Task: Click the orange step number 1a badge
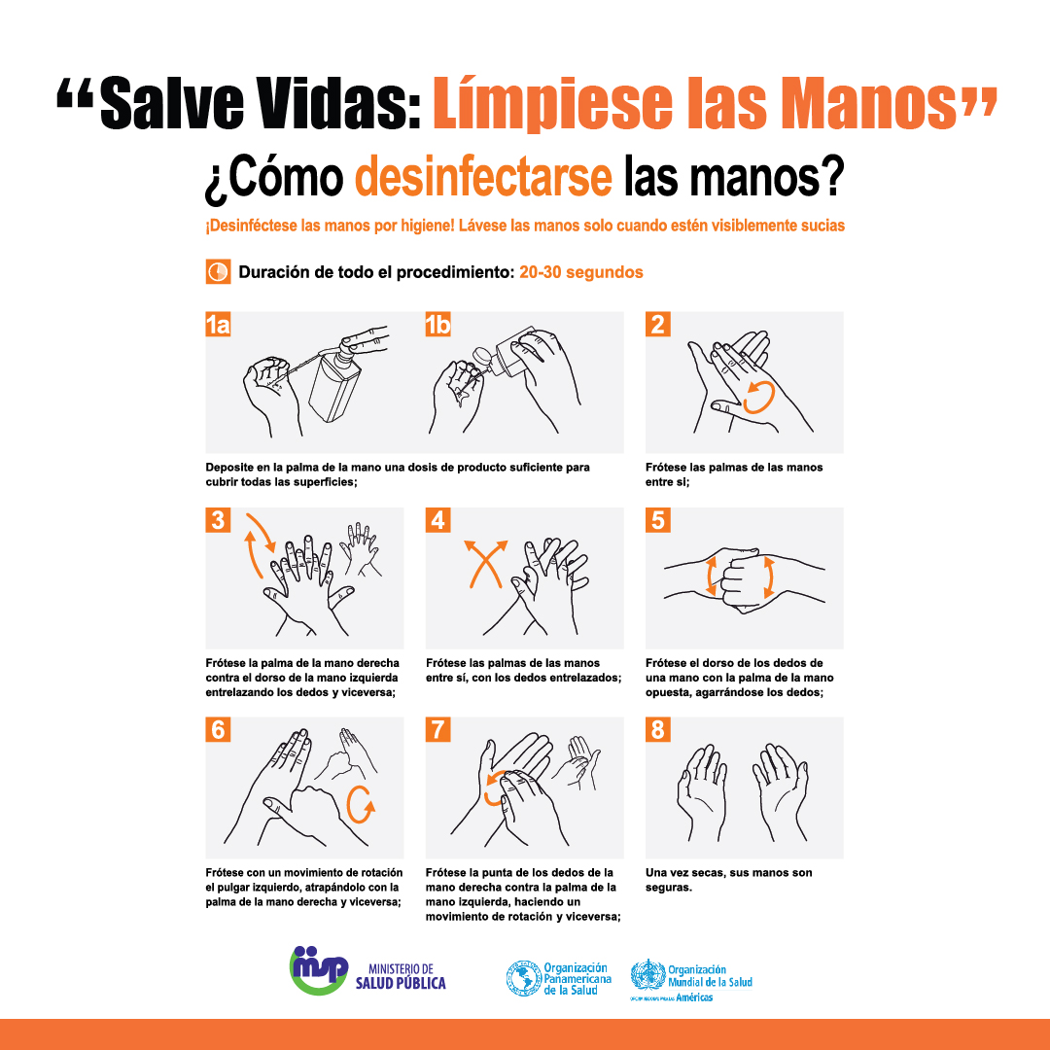[218, 324]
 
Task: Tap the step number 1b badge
[437, 324]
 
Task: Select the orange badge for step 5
[657, 520]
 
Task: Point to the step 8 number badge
[657, 729]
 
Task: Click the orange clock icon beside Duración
[219, 272]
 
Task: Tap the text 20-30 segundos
[581, 272]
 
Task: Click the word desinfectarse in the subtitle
[483, 176]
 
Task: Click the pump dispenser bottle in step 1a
[336, 378]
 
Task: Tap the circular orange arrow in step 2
[759, 396]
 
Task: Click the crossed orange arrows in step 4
[486, 563]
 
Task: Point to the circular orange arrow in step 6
[361, 804]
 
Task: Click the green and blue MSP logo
[319, 970]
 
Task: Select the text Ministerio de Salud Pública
[401, 976]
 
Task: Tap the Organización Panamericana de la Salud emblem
[524, 978]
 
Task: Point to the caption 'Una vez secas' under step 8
[728, 880]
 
